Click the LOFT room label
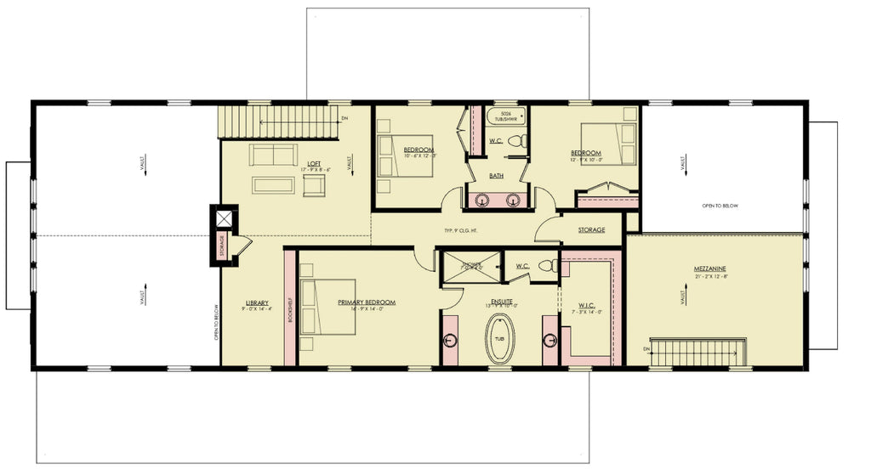coord(314,164)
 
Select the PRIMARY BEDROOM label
coord(367,302)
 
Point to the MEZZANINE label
coord(709,269)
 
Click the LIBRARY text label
coord(258,303)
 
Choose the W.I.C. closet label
coord(588,306)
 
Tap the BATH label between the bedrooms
coord(497,176)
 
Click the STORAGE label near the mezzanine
coord(591,230)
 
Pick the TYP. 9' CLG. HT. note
coord(460,230)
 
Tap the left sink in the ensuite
coord(450,340)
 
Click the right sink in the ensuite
coord(549,340)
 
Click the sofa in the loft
coord(274,155)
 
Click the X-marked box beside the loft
coord(224,218)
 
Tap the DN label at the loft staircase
coord(344,118)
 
